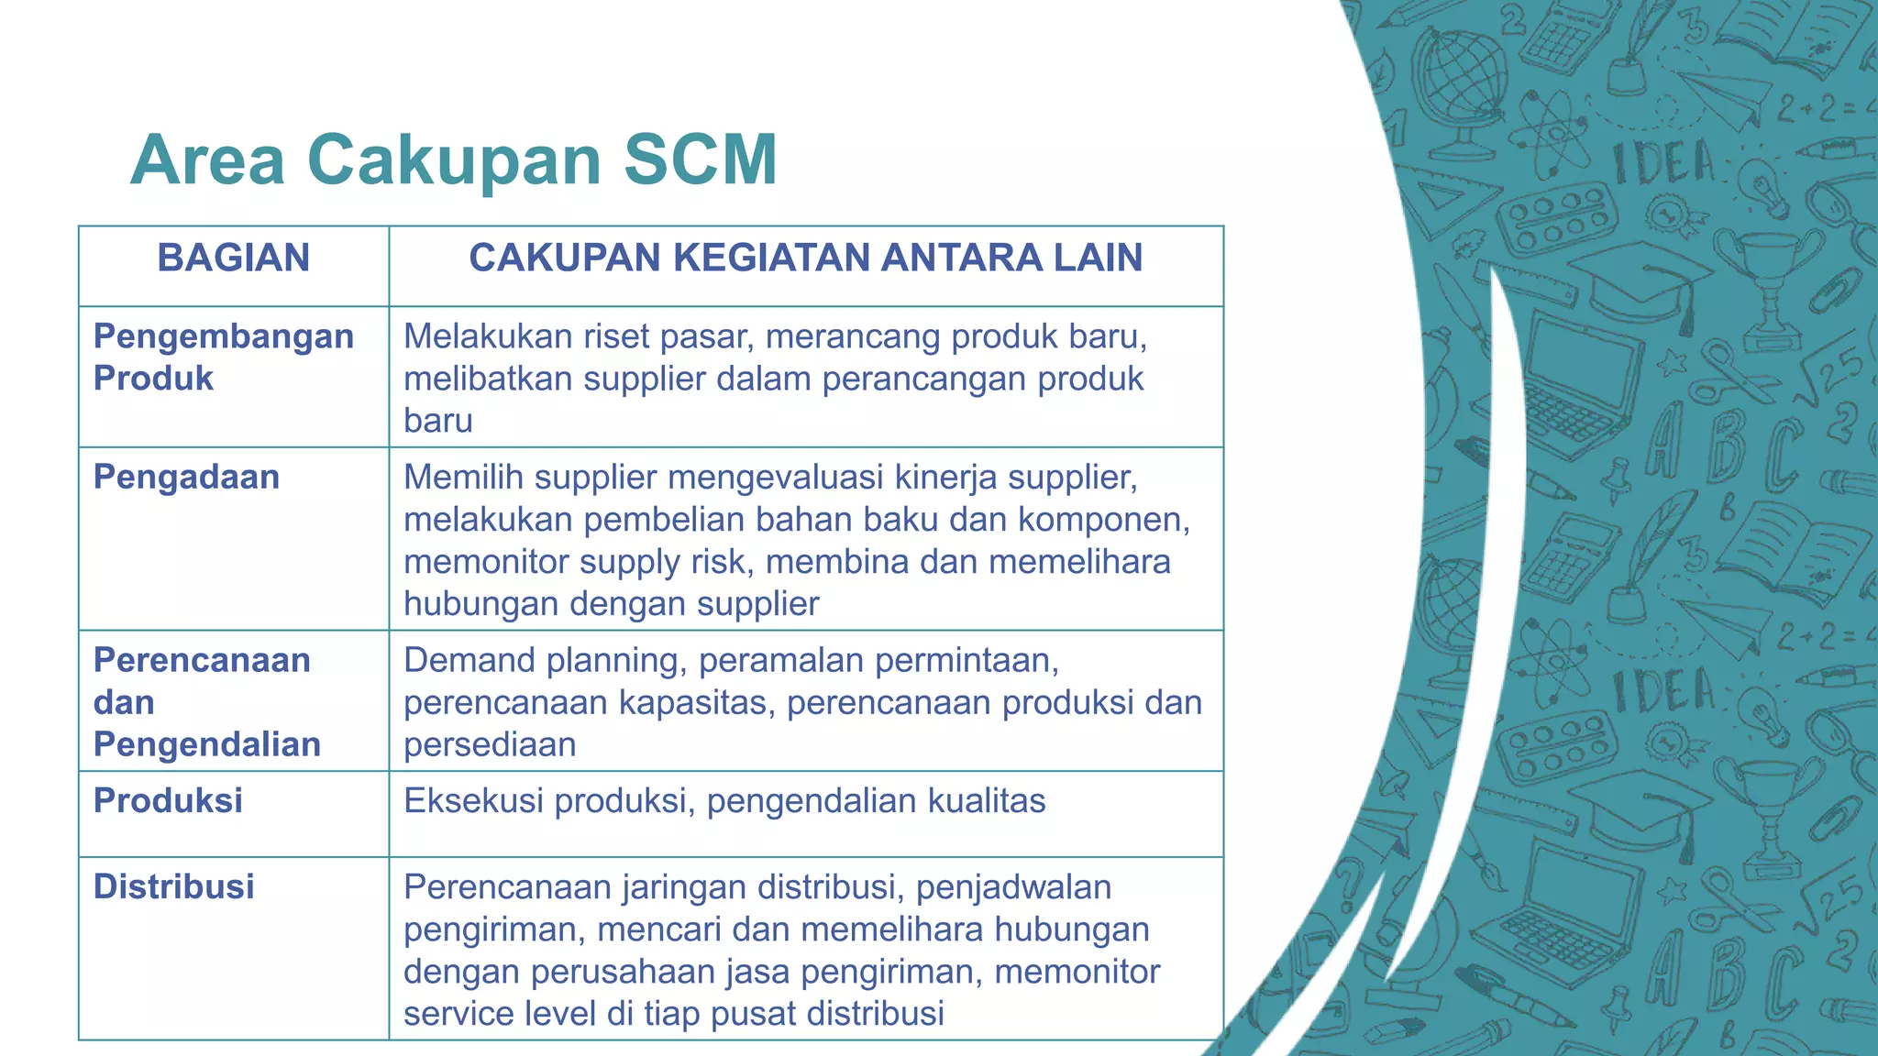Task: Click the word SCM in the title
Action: click(x=701, y=160)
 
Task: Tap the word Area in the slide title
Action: click(x=208, y=160)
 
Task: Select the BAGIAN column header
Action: click(x=233, y=258)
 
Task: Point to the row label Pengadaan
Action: click(x=186, y=478)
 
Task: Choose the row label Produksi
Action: click(x=168, y=801)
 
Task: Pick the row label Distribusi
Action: click(x=174, y=887)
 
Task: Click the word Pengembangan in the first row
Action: click(x=224, y=336)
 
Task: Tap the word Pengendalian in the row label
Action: click(x=207, y=744)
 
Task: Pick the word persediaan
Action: click(x=490, y=745)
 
